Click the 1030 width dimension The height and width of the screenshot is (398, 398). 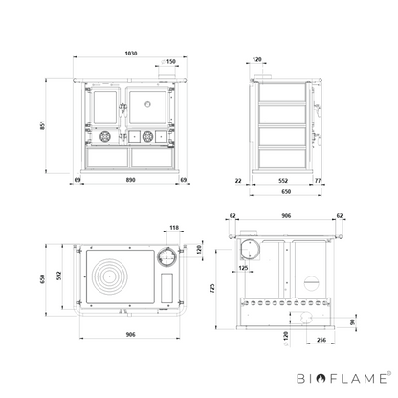tap(131, 54)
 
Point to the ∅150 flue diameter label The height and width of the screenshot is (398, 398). tap(168, 61)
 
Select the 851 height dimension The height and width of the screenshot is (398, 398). tap(43, 125)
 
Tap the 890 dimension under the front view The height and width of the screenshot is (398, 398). tap(131, 180)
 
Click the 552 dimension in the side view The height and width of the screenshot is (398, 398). tap(283, 181)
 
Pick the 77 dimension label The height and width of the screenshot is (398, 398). tap(318, 181)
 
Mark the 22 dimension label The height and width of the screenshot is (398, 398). tap(238, 181)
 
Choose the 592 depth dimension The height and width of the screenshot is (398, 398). tap(59, 276)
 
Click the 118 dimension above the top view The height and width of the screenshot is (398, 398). tap(174, 228)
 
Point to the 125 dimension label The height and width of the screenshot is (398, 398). tap(243, 268)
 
